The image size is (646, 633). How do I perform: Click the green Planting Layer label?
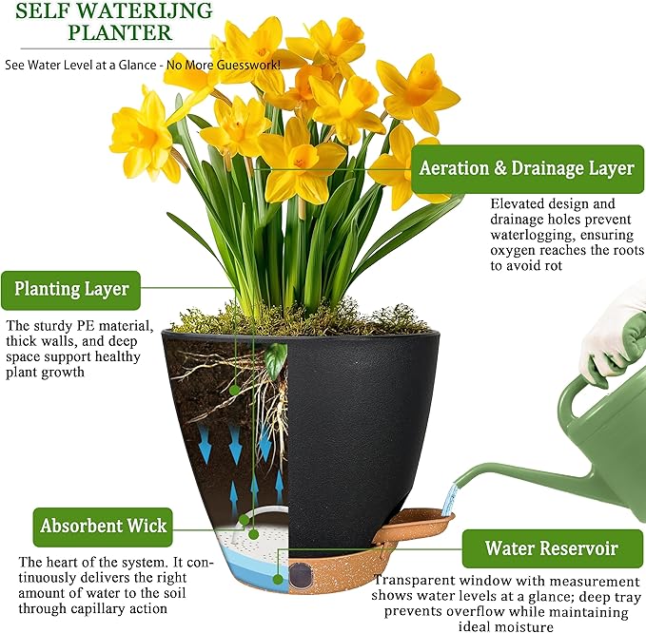pyautogui.click(x=71, y=288)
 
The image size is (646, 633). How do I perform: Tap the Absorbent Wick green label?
pyautogui.click(x=104, y=525)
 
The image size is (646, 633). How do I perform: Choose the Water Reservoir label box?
pyautogui.click(x=551, y=548)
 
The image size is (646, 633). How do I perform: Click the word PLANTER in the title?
pyautogui.click(x=120, y=33)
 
